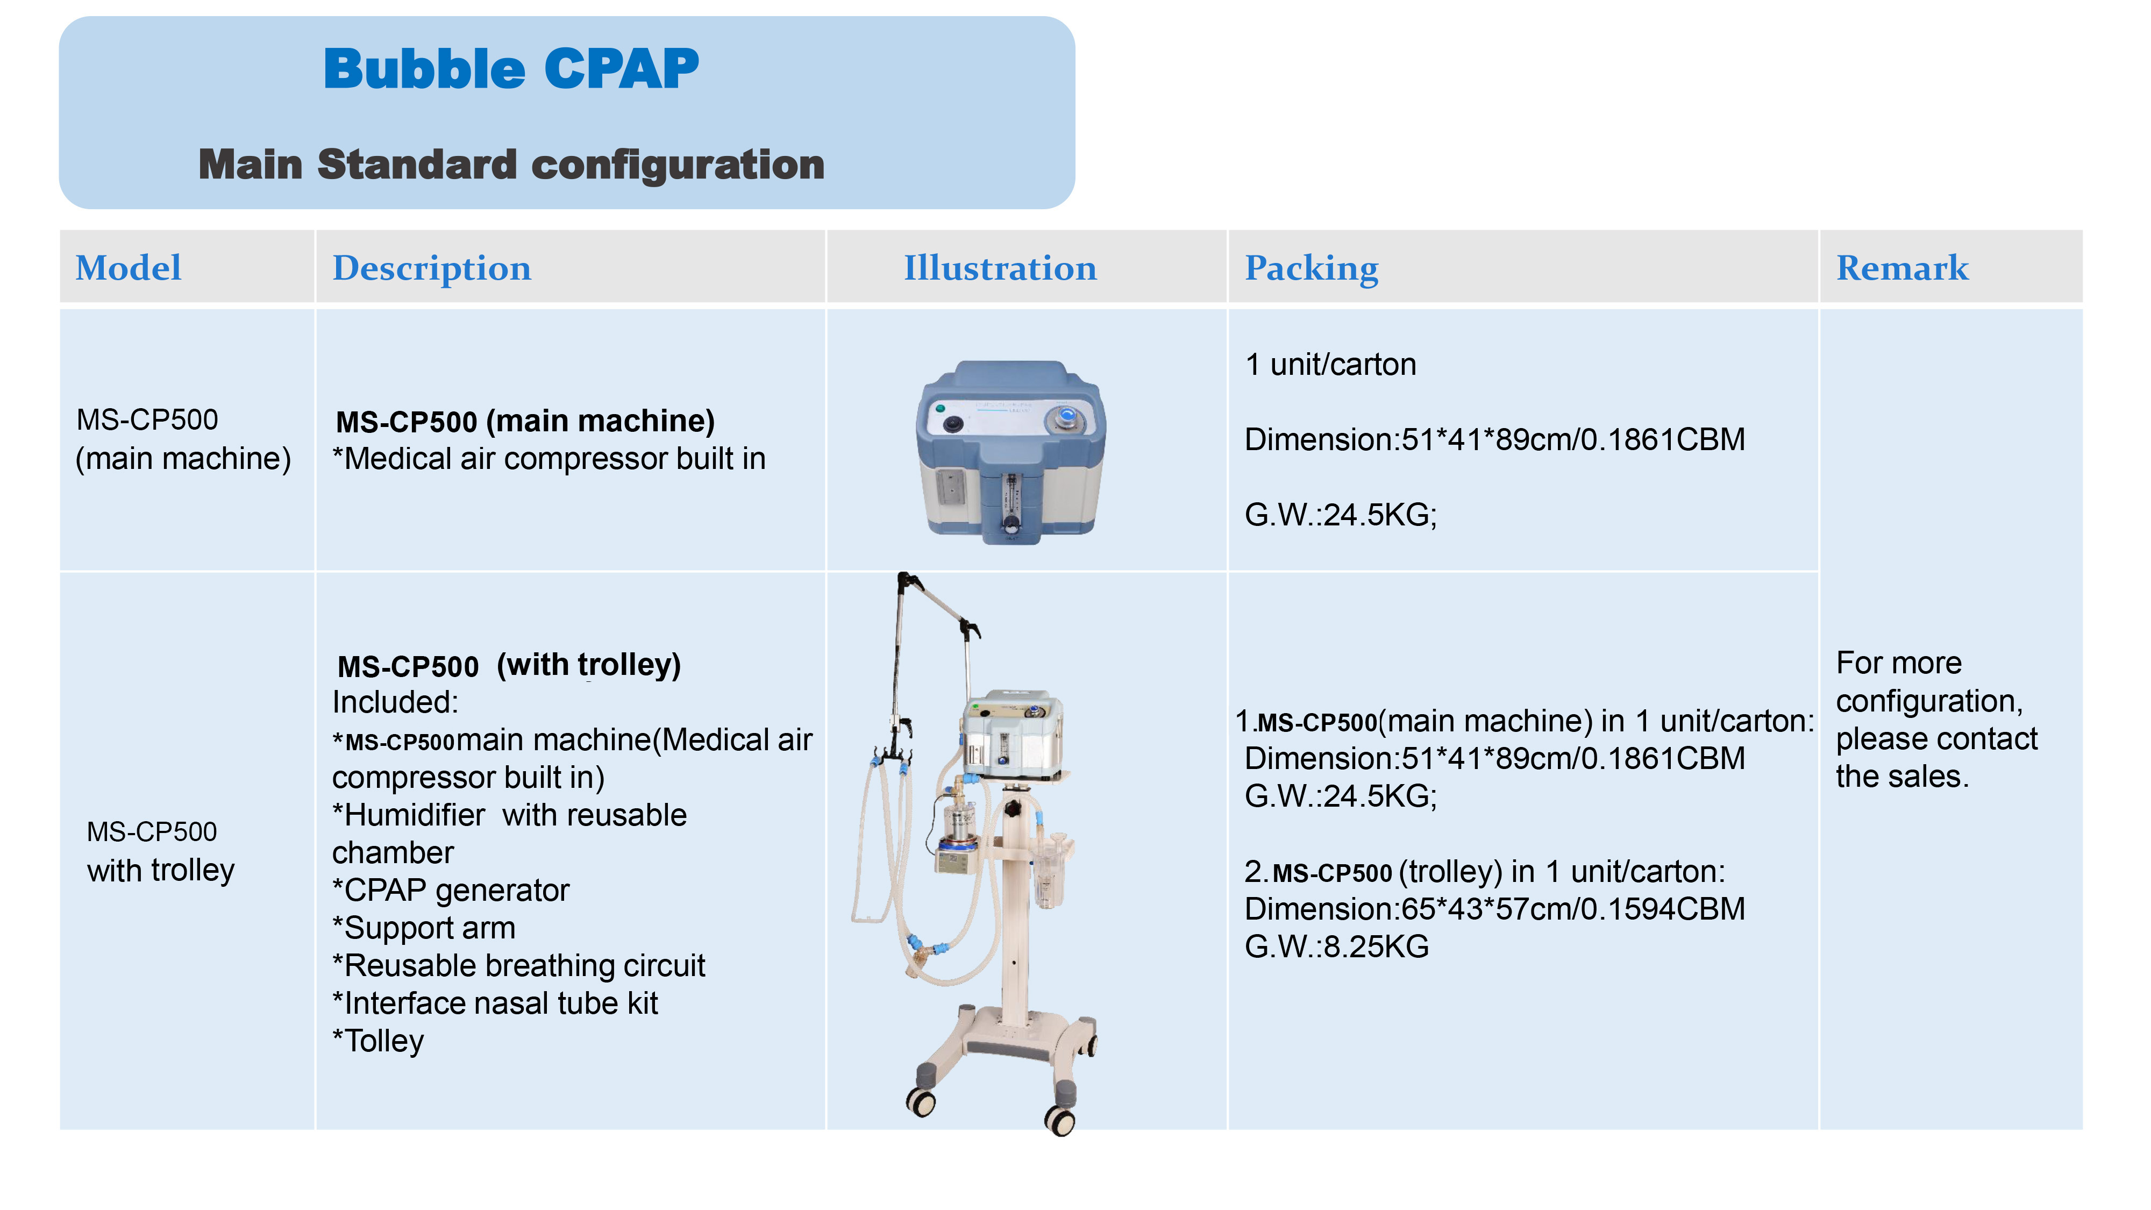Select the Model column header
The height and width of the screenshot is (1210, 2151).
pyautogui.click(x=128, y=268)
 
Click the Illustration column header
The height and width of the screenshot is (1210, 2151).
pyautogui.click(x=1000, y=268)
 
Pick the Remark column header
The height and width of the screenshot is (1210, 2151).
pyautogui.click(x=1901, y=268)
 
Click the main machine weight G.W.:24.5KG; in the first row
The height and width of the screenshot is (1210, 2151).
pyautogui.click(x=1340, y=515)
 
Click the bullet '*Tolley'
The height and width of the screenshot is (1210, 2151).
pyautogui.click(x=378, y=1041)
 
